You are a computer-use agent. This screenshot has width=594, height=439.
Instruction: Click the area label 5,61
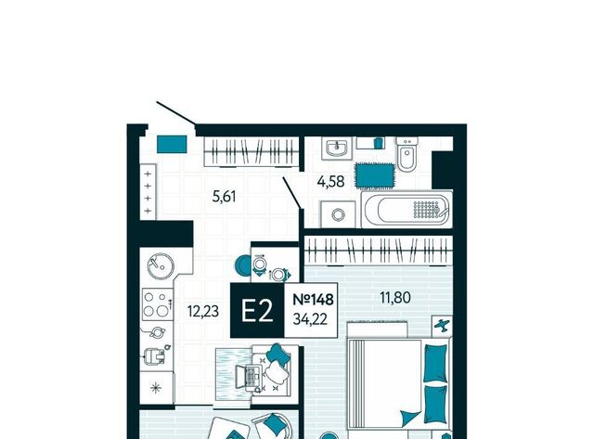225,197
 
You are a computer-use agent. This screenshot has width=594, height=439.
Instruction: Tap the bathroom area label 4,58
330,182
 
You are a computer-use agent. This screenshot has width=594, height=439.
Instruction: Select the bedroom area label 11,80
395,298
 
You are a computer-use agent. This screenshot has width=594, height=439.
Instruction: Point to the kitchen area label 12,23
203,311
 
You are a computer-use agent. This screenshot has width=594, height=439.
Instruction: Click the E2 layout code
257,311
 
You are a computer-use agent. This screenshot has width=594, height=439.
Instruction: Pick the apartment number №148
314,299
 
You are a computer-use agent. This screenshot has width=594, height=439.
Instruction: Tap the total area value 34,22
310,319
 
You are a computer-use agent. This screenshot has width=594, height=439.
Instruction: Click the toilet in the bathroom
407,154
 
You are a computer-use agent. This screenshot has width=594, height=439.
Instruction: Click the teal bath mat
375,175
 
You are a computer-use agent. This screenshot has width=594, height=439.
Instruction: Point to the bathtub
407,210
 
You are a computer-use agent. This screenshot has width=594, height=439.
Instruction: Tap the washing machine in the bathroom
338,214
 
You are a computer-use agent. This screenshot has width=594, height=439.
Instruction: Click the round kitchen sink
161,265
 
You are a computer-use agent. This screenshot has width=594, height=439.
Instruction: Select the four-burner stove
156,304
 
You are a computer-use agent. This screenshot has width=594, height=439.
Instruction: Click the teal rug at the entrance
172,144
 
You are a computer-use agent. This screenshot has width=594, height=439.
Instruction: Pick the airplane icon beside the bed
442,326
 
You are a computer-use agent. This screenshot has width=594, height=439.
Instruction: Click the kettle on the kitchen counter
155,333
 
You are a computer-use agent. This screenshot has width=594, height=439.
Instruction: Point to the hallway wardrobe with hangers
252,152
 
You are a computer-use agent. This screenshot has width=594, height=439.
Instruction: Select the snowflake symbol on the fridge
156,388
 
